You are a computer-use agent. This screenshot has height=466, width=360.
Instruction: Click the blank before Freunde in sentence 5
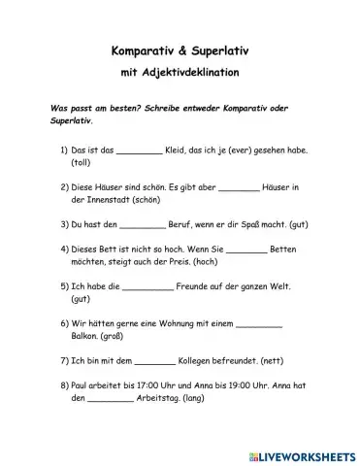point(148,287)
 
